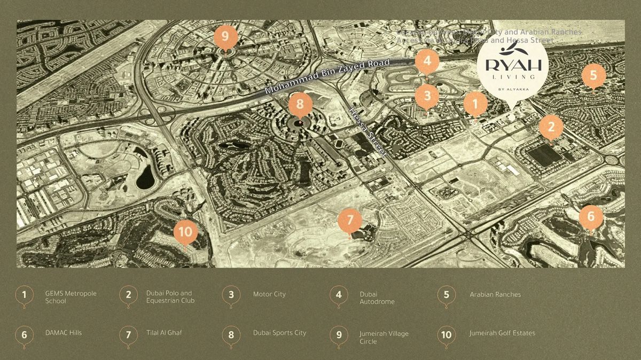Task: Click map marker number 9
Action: [x=225, y=37]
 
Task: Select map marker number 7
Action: [x=350, y=220]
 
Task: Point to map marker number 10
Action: [x=185, y=232]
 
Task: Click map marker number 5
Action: [x=593, y=75]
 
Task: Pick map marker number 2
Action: [x=551, y=127]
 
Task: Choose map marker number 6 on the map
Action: [x=591, y=216]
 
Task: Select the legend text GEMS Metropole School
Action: [x=63, y=298]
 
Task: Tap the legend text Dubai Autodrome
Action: [x=377, y=298]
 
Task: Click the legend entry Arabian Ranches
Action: [x=495, y=294]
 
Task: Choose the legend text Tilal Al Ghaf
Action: [x=164, y=333]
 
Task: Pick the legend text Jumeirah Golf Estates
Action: [x=502, y=333]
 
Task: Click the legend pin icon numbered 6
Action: [x=24, y=335]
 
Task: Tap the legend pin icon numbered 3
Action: [x=231, y=295]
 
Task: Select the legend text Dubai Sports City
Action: [x=279, y=333]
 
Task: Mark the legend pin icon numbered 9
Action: [x=339, y=335]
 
